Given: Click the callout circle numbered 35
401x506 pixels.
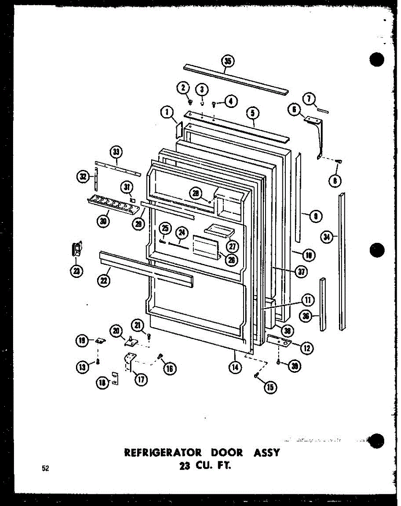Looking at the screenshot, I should click(x=228, y=62).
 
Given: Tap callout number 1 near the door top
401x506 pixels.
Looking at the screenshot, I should click(x=167, y=112).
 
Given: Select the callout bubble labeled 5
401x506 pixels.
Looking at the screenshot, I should click(x=252, y=113).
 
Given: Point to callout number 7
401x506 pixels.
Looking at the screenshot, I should click(x=310, y=99).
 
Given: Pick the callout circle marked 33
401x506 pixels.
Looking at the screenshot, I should click(x=116, y=151).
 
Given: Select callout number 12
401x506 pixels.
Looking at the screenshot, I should click(x=307, y=348).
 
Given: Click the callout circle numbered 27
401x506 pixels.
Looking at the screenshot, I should click(x=232, y=246).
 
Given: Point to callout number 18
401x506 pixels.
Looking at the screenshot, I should click(x=101, y=383).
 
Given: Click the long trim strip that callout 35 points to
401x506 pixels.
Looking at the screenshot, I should click(x=236, y=79).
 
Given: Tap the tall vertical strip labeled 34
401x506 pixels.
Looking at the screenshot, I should click(x=341, y=261).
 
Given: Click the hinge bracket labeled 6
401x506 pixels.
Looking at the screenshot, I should click(x=316, y=131).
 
